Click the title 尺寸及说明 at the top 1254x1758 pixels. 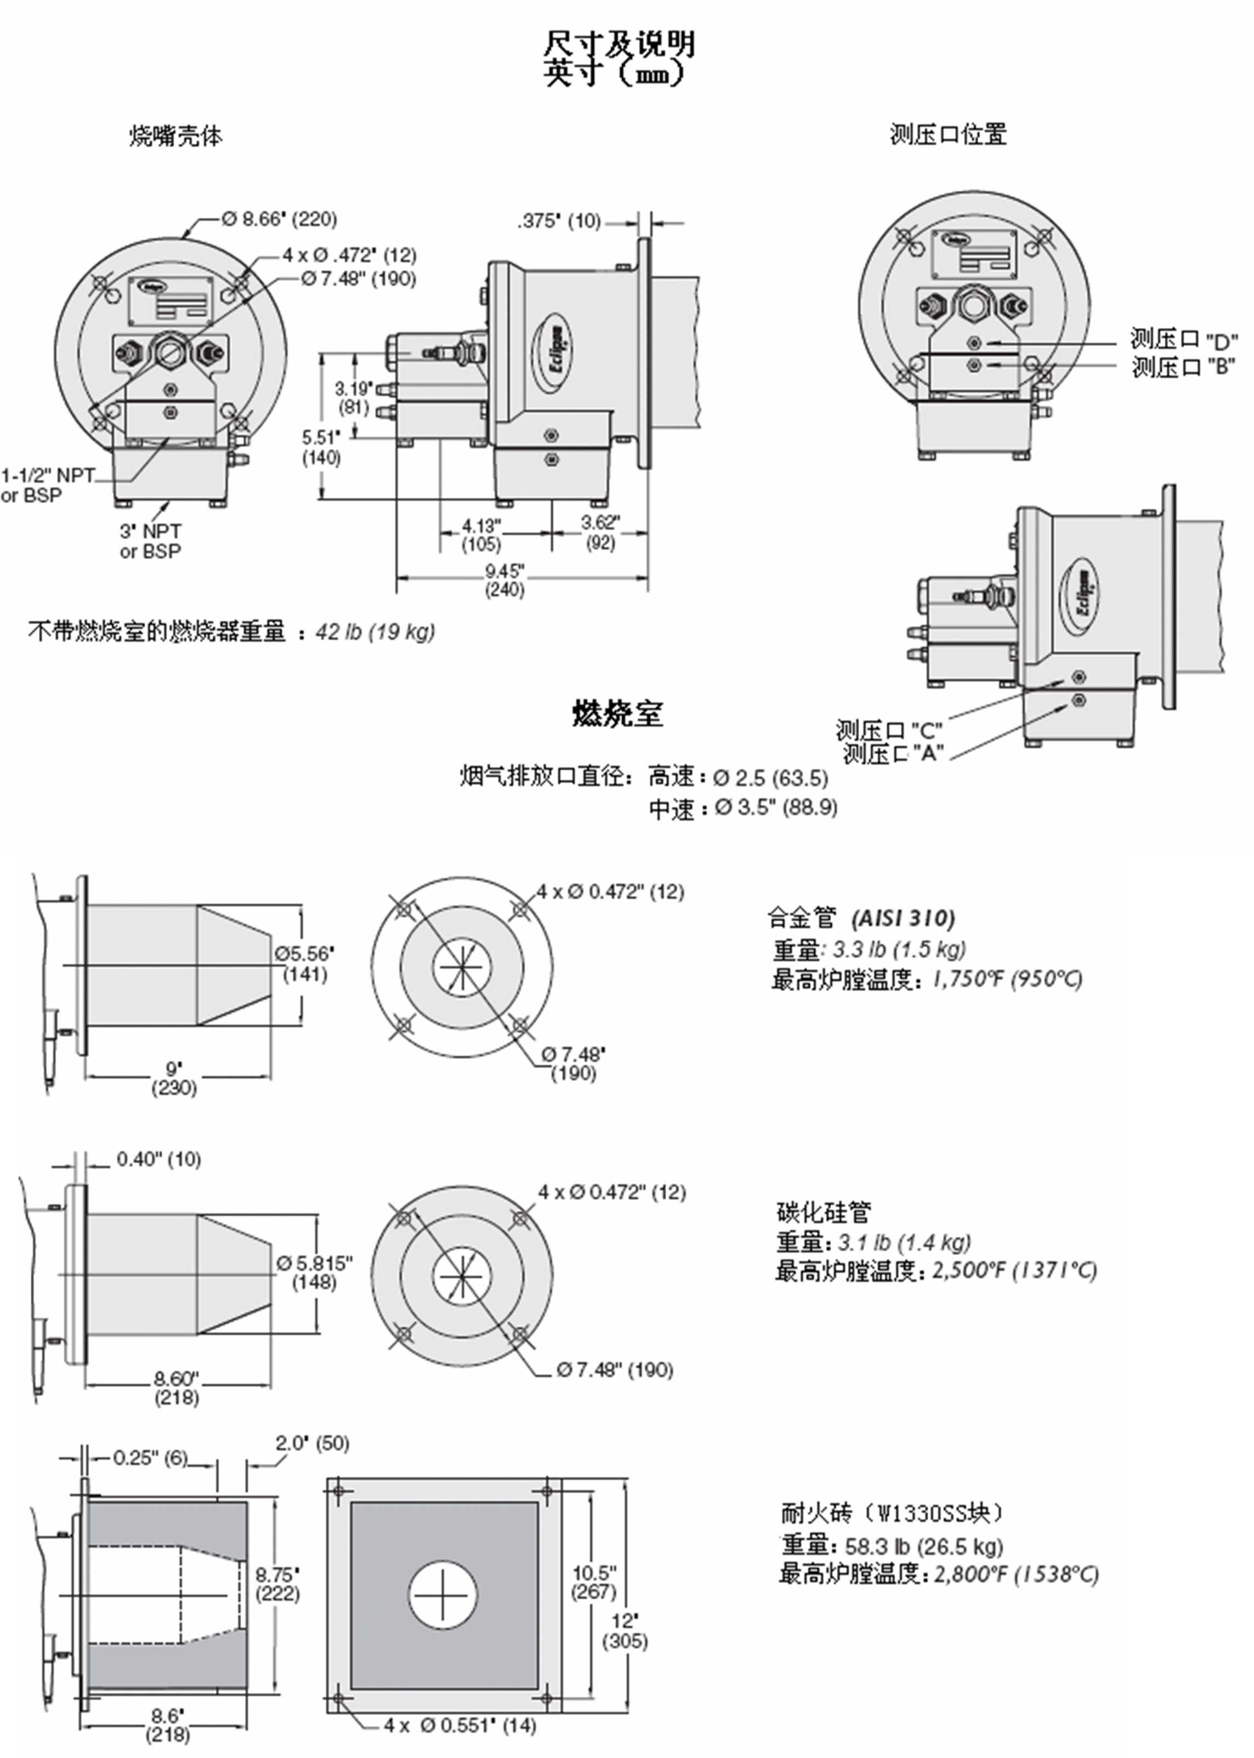point(619,44)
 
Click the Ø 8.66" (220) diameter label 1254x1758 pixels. point(280,219)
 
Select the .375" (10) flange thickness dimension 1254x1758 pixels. point(559,221)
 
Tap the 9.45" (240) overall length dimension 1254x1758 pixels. point(504,580)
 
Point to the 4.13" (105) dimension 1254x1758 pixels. point(481,535)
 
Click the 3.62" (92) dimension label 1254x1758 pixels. point(600,532)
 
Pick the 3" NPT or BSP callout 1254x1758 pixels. point(151,541)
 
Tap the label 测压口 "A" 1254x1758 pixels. point(893,754)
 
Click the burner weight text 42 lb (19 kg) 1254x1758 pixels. point(375,631)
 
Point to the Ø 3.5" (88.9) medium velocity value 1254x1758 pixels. point(776,807)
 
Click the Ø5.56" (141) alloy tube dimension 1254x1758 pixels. point(305,964)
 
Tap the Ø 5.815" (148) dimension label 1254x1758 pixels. point(314,1272)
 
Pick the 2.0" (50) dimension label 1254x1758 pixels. point(312,1443)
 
